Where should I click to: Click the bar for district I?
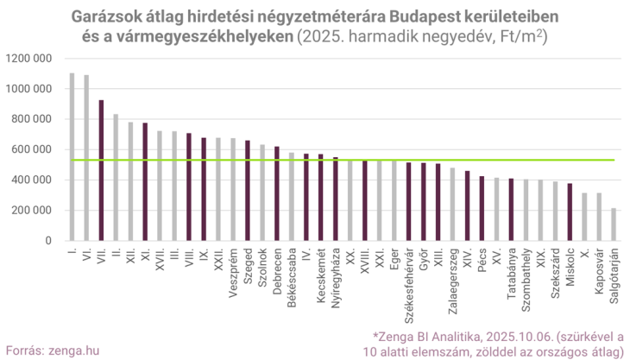tap(72, 156)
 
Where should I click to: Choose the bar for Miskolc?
tap(570, 212)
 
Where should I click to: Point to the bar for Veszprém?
tap(233, 189)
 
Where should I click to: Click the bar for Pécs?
tap(482, 208)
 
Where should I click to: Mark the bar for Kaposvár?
tap(599, 217)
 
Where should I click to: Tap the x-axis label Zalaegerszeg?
tap(452, 275)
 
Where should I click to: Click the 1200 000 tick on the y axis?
tap(30, 59)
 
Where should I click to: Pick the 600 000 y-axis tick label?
tap(33, 149)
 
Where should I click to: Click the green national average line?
tap(345, 160)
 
